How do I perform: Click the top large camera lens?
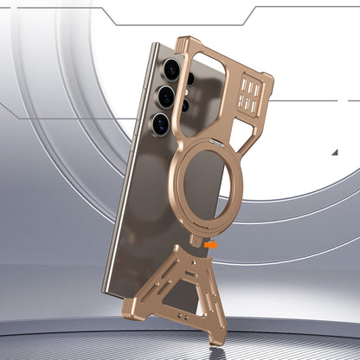[x=170, y=67]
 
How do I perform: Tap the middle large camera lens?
[x=164, y=97]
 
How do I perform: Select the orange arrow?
[x=211, y=246]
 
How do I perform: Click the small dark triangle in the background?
[x=336, y=152]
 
